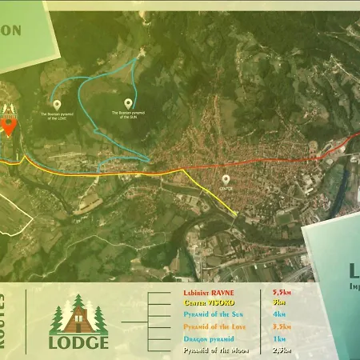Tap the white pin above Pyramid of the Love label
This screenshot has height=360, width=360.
[x=57, y=104]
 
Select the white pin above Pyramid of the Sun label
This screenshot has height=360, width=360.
[x=128, y=103]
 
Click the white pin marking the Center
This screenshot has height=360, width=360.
[x=226, y=179]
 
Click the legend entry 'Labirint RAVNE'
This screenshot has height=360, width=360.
[x=212, y=293]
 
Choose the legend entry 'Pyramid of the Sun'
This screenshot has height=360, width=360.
[x=213, y=315]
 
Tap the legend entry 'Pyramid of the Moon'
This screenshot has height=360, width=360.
[x=213, y=350]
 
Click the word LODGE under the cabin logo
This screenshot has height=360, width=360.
[x=78, y=342]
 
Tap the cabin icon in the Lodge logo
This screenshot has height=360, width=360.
[x=78, y=316]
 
